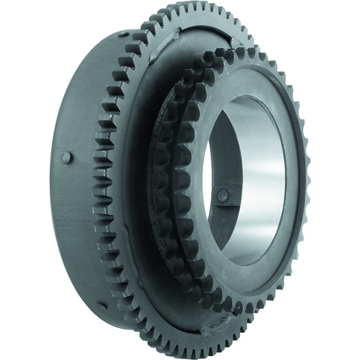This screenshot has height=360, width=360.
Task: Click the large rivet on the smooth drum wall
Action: pos(66,157)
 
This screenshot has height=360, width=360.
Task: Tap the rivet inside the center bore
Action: pos(222,194)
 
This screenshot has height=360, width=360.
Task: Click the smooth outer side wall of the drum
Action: pos(76,202)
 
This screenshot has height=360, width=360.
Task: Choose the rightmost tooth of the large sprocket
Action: pos(307,171)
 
